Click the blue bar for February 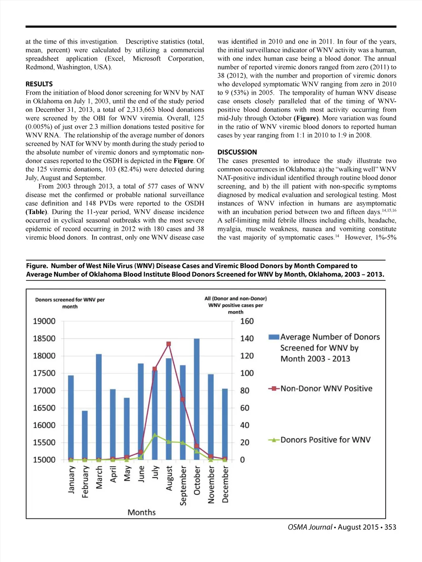pos(84,435)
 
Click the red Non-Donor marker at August pos(169,344)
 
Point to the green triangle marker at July pos(155,435)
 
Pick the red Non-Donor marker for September pos(183,399)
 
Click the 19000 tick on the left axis pos(44,321)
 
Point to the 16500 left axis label pos(44,408)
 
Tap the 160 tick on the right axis pos(247,321)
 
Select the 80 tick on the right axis pos(245,391)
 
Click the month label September pos(183,485)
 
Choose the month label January pos(72,480)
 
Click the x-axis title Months pos(141,513)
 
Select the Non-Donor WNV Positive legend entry pos(326,389)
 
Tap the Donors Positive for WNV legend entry pos(325,440)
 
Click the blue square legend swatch pos(274,337)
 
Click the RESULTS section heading pos(39,84)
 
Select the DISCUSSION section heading pos(237,152)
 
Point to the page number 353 pos(390,527)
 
